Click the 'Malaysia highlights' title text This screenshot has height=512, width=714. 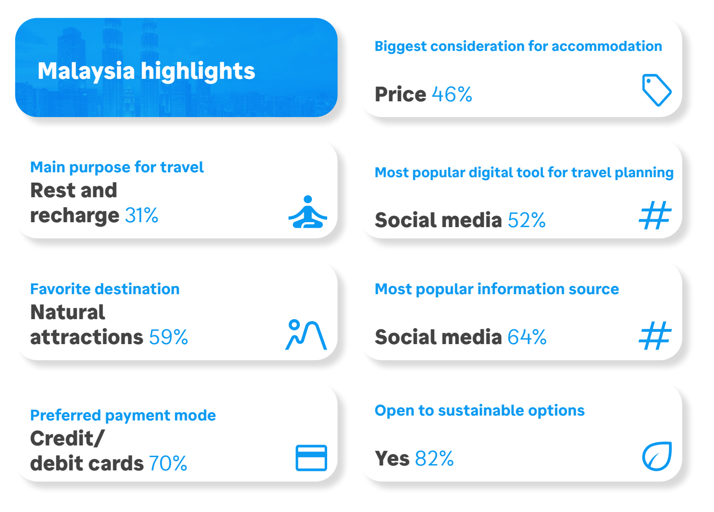(x=146, y=71)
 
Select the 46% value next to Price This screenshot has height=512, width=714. (x=452, y=94)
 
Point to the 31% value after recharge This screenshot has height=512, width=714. (x=142, y=215)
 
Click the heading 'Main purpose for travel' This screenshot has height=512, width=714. (x=117, y=167)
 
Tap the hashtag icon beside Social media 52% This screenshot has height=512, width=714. (x=655, y=215)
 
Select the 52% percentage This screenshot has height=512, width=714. (x=526, y=220)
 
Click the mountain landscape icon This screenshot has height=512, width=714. (x=306, y=334)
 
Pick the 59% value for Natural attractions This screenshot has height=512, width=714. (x=168, y=337)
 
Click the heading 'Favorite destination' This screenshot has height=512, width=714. (x=105, y=289)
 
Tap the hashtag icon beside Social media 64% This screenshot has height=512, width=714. (x=655, y=335)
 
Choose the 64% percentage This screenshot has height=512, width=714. (x=527, y=337)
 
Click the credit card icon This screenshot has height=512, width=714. (x=311, y=458)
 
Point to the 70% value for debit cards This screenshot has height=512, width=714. (x=168, y=463)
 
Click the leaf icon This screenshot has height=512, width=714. (x=657, y=456)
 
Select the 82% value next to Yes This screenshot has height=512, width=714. (x=434, y=459)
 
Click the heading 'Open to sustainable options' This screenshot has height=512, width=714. (x=480, y=411)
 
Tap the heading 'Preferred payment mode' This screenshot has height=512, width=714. (x=123, y=416)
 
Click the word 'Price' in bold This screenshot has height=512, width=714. (x=401, y=94)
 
